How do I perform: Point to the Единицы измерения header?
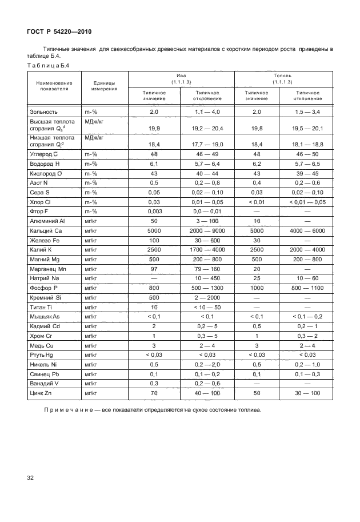tap(103, 86)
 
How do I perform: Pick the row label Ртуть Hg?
tap(44, 355)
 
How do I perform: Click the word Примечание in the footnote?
tap(69, 411)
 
